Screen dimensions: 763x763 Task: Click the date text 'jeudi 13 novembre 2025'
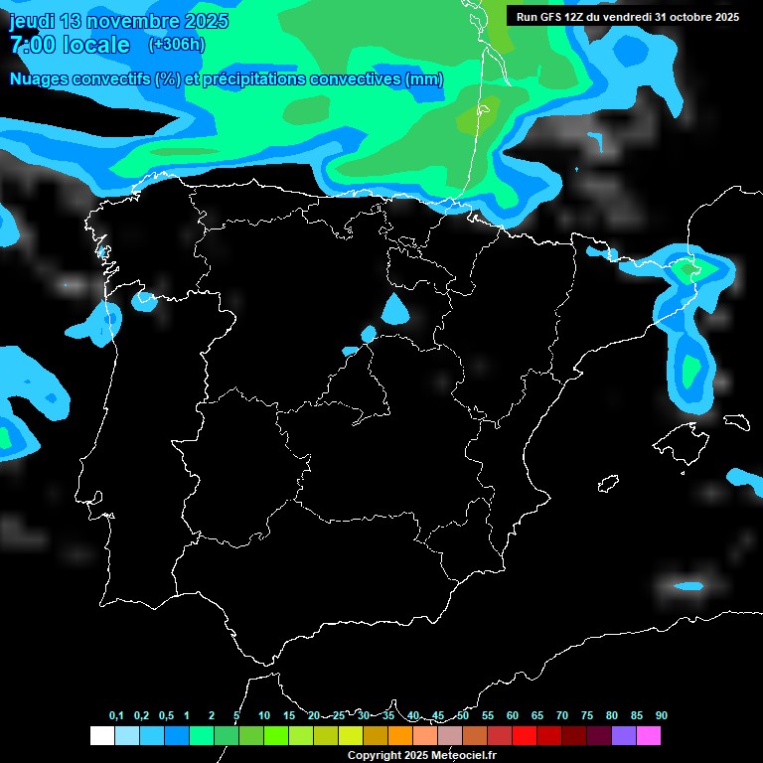tap(118, 21)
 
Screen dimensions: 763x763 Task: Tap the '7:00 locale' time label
tap(70, 45)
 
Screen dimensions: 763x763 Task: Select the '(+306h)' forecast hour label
tap(176, 45)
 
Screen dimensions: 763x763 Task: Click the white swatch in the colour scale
tap(101, 736)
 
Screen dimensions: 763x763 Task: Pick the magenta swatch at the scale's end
tap(649, 736)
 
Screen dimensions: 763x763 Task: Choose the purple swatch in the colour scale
tap(624, 736)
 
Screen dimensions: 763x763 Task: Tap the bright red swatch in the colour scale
tap(525, 736)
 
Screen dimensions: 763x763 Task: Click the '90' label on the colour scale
tap(661, 715)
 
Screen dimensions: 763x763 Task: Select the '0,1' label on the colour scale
tap(116, 715)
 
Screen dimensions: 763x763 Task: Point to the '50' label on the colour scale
tap(463, 715)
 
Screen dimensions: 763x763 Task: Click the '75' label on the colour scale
tap(587, 715)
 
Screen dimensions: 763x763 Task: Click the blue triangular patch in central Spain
tap(394, 310)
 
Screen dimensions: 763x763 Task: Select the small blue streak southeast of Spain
tap(687, 586)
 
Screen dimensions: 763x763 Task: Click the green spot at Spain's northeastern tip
tap(686, 269)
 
